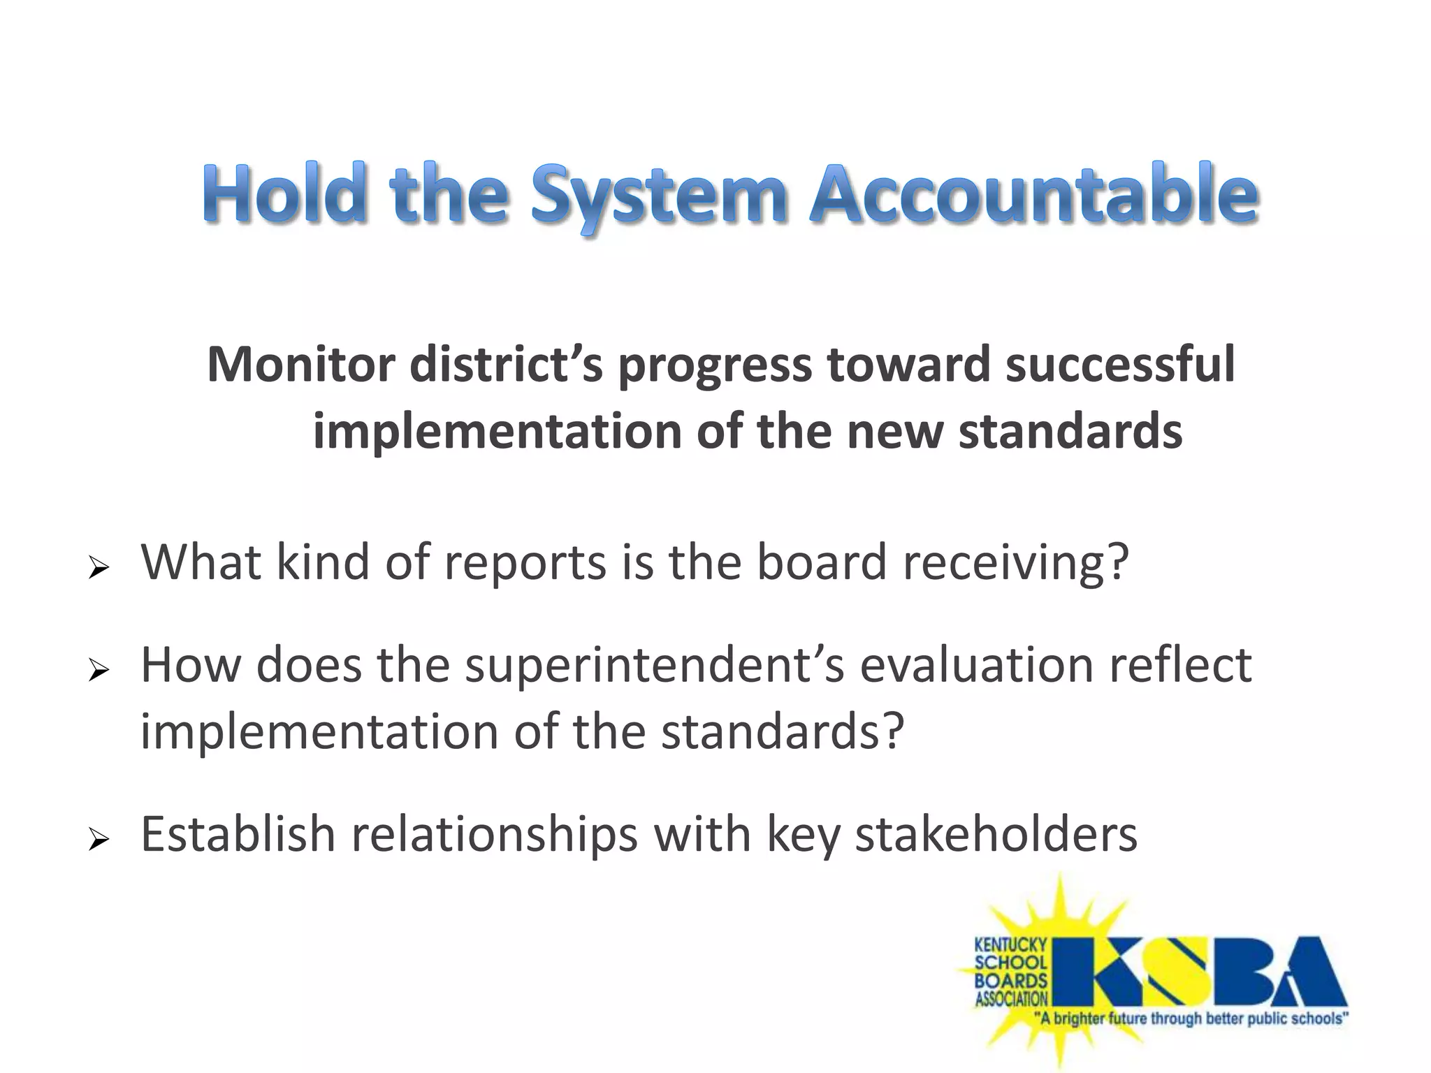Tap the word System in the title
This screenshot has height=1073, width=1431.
tap(659, 196)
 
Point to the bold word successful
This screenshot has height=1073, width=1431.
tap(1120, 365)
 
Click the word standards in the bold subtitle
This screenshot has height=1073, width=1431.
tap(1070, 432)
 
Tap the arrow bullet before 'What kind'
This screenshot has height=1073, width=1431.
tap(99, 569)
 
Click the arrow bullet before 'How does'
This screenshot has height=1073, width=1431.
tap(99, 671)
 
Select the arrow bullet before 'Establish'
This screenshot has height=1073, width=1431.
tap(99, 840)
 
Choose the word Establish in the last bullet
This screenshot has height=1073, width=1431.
tap(238, 834)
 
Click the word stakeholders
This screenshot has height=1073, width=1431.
tap(996, 834)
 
